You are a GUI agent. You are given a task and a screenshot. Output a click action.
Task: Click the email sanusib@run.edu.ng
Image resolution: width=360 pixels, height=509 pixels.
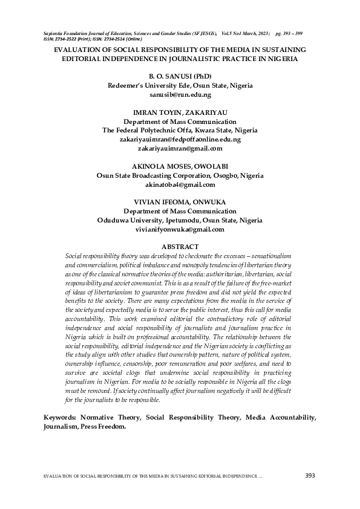180,95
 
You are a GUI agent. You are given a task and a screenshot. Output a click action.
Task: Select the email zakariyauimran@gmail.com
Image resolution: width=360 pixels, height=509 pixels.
180,148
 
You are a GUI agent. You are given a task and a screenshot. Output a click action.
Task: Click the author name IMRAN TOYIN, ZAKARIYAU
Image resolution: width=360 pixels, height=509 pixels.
180,112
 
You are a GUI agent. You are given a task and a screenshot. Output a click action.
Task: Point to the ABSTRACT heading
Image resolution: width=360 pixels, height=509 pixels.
180,247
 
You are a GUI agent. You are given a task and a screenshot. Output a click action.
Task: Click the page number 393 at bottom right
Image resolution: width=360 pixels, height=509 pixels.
310,476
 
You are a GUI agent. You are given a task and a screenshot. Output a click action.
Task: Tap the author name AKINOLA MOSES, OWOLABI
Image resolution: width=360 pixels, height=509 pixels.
180,166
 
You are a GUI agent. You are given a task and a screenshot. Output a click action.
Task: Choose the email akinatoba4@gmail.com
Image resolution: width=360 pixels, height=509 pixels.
180,184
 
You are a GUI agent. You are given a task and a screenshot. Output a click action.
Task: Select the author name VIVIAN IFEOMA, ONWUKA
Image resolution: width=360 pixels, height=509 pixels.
180,202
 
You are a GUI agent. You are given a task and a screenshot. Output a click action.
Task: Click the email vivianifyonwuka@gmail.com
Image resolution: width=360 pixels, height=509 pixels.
180,230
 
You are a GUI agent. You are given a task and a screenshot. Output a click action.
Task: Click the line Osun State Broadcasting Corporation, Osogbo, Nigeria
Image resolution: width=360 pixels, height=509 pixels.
180,175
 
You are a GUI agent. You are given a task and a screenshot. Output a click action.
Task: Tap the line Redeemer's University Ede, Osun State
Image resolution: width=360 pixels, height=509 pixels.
180,86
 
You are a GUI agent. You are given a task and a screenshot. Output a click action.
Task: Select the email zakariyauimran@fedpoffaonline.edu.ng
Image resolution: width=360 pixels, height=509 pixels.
180,139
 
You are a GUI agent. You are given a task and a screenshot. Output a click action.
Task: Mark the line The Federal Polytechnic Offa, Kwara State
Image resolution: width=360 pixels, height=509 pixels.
180,130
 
